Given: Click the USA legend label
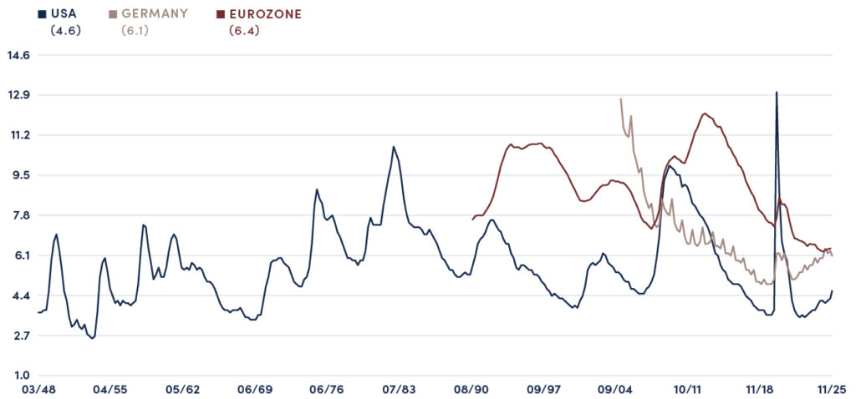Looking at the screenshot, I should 64,14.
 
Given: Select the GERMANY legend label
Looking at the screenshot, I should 155,14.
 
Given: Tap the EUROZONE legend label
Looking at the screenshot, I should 265,14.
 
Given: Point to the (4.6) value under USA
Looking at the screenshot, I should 64,31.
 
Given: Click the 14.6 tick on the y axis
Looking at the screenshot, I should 18,55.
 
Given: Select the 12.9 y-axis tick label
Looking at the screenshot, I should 18,95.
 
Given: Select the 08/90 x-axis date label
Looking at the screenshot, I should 471,390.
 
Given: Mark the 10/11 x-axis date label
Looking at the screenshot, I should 688,390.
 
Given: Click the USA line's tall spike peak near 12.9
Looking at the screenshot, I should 777,93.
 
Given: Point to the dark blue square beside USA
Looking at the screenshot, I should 42,14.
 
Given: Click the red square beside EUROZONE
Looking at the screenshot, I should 221,14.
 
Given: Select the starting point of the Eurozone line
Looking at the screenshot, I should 472,220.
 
